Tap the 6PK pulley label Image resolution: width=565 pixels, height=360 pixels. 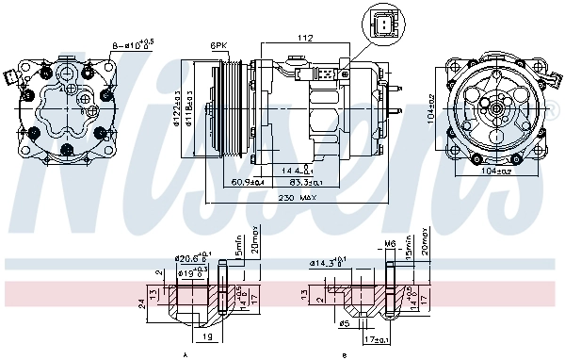point(219,44)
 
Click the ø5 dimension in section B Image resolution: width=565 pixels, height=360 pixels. point(345,325)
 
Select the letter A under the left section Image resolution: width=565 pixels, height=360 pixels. point(185,353)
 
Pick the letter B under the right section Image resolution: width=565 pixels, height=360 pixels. point(345,353)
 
